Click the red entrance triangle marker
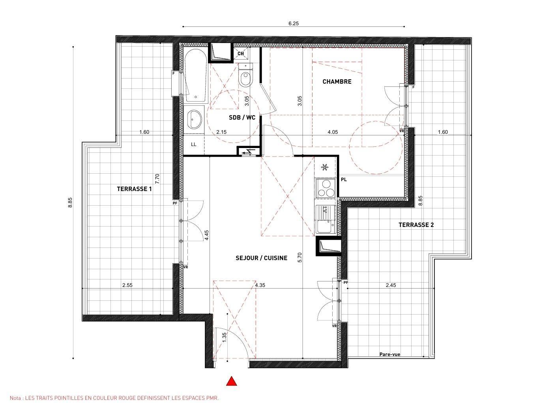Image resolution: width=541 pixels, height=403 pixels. [x=231, y=381]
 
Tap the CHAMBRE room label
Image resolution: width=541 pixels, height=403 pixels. [x=337, y=82]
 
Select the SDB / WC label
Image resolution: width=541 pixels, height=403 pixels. [x=242, y=118]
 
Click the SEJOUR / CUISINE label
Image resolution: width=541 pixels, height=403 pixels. [x=262, y=258]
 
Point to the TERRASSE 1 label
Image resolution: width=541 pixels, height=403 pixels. [x=134, y=189]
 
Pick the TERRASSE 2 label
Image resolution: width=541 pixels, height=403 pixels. [x=416, y=225]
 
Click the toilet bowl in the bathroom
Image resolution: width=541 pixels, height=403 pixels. [x=245, y=76]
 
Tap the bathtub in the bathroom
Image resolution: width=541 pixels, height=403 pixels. [x=196, y=76]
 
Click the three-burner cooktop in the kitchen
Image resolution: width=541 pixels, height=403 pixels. [x=326, y=188]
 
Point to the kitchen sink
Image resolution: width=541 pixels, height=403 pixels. [x=326, y=219]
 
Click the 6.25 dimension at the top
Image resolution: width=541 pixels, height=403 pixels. [x=294, y=23]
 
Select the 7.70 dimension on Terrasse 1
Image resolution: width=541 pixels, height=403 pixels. [x=157, y=179]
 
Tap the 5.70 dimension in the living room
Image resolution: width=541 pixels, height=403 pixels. [x=300, y=257]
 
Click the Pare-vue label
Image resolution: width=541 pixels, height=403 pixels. [x=390, y=354]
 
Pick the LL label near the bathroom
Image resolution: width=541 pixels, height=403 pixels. [x=194, y=144]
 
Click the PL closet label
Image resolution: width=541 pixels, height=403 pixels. [x=344, y=180]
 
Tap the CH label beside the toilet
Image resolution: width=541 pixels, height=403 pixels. [x=240, y=54]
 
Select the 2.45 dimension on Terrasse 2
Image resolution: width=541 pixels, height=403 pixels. [x=391, y=285]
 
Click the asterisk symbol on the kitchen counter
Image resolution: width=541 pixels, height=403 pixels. [x=325, y=167]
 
